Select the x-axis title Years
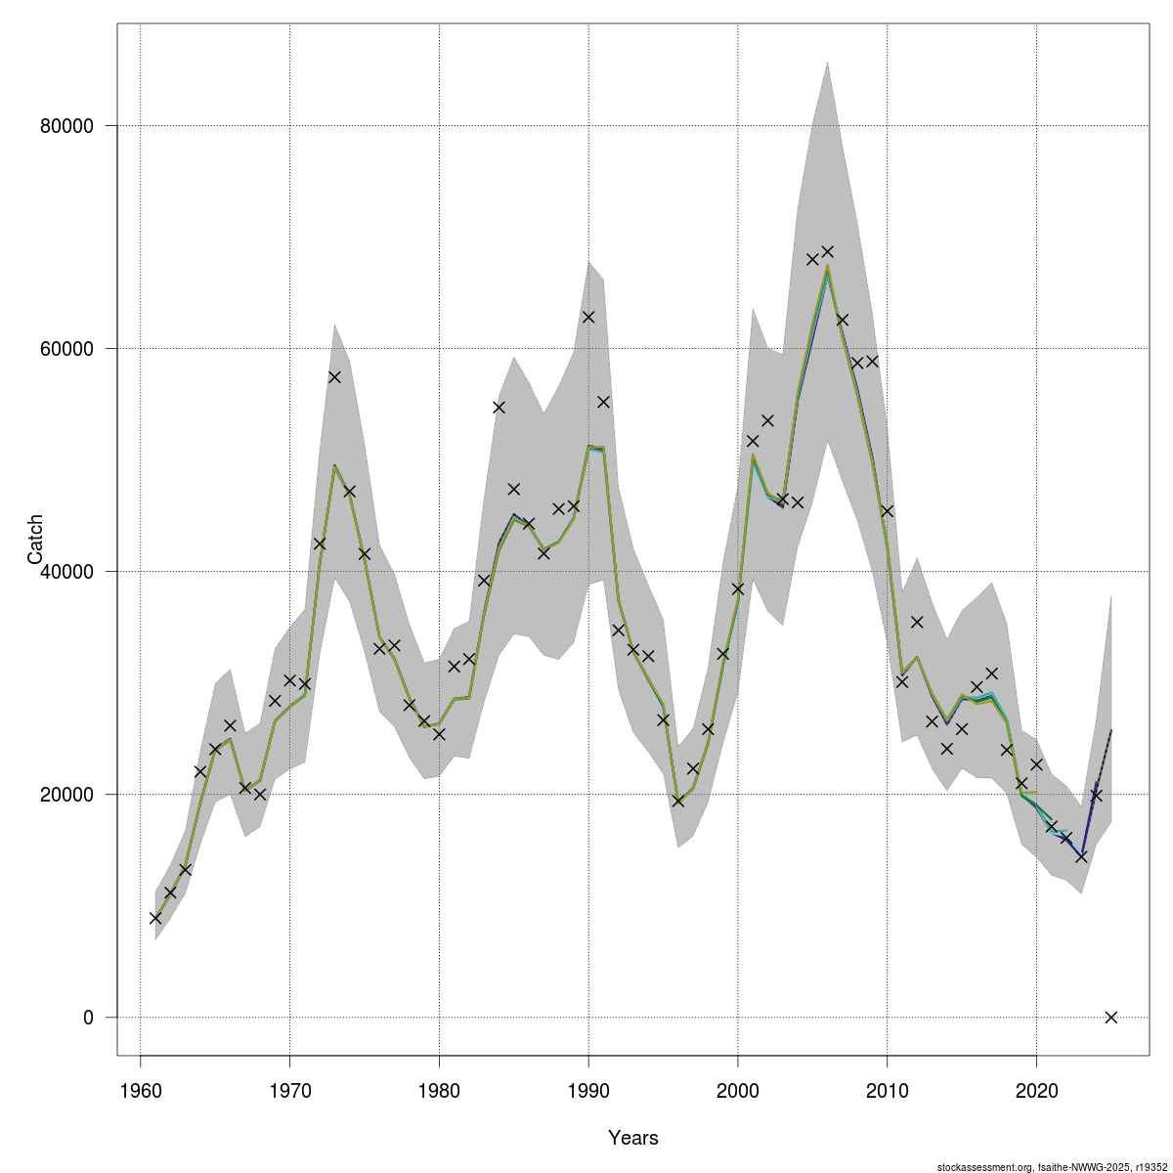coord(632,1138)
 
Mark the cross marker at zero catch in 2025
coord(1110,1017)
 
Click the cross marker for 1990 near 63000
coord(588,317)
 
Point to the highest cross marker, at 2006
coord(827,251)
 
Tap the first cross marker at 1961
coord(155,918)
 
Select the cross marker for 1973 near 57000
coord(334,376)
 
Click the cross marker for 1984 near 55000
coord(499,407)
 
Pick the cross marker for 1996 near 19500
coord(678,801)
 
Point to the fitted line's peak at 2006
coord(827,265)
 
